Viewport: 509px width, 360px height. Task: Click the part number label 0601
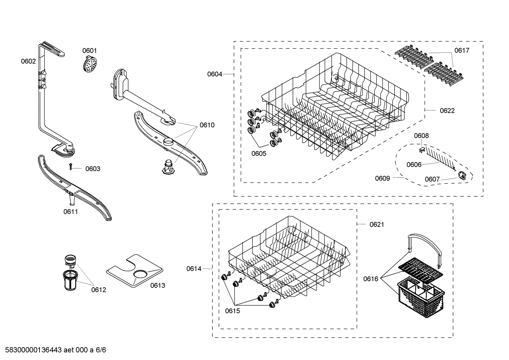(x=89, y=51)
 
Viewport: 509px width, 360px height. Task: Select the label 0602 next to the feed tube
(x=28, y=61)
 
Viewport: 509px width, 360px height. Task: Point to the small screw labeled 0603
(x=71, y=166)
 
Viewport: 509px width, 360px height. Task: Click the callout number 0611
(x=71, y=212)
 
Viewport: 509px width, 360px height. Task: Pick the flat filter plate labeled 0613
(x=134, y=270)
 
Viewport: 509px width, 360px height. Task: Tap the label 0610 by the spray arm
(x=207, y=125)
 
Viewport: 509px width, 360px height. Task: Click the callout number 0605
(x=259, y=153)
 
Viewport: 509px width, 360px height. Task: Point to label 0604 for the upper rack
(x=215, y=74)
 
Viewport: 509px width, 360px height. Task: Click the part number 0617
(x=462, y=50)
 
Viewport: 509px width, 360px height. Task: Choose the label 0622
(x=447, y=111)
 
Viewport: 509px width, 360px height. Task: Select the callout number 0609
(x=382, y=178)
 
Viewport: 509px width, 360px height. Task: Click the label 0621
(x=377, y=224)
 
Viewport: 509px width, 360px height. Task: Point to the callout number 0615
(x=232, y=311)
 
